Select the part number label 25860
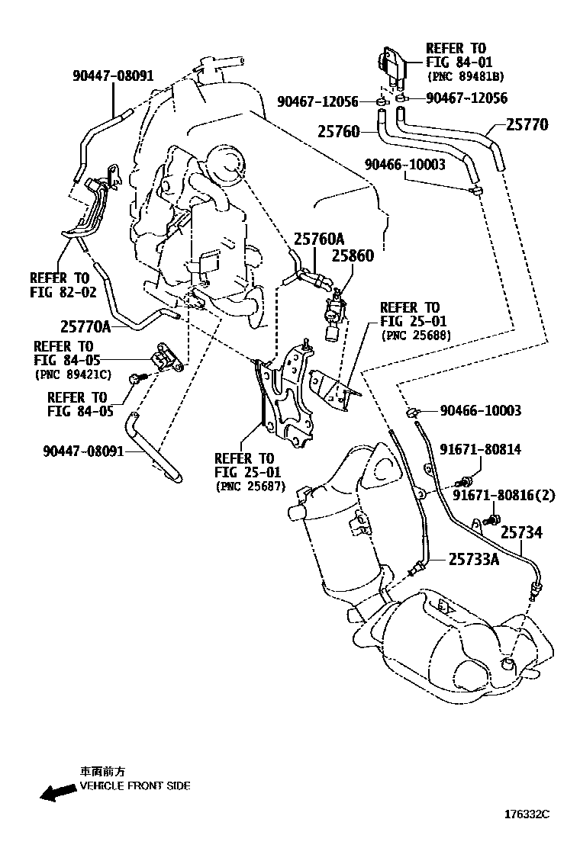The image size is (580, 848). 353,256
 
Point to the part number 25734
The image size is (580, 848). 521,532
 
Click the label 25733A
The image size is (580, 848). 473,560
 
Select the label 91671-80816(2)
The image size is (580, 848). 504,495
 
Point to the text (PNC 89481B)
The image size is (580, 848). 465,77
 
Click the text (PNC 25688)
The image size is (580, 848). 415,335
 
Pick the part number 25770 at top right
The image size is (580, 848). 527,124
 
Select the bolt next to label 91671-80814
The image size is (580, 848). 462,482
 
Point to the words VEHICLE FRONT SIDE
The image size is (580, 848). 135,785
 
